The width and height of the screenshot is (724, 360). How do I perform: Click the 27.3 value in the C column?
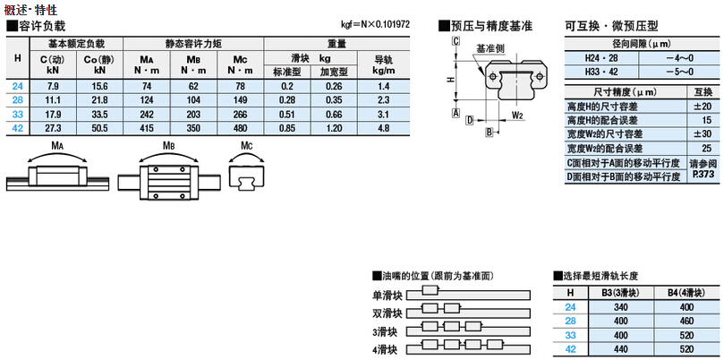[x=53, y=129]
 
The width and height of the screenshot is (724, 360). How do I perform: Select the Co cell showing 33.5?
[x=99, y=115]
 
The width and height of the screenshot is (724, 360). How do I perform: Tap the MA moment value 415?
[x=147, y=129]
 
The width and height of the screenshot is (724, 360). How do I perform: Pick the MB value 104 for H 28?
[x=193, y=100]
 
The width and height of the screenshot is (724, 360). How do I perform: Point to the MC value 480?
[x=241, y=129]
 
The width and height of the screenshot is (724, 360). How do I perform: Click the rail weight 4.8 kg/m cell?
[x=383, y=129]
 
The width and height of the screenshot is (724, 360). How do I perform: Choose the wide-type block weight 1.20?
[x=335, y=129]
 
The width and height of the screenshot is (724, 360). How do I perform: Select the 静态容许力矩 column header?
[x=193, y=45]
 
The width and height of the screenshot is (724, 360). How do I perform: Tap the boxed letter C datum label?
[x=456, y=41]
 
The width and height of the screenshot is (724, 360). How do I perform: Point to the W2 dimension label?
[x=517, y=115]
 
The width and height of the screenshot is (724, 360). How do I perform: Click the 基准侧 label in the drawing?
[x=488, y=48]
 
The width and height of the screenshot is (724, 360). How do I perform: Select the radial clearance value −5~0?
[x=680, y=72]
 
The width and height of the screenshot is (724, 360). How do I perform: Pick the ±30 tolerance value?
[x=703, y=134]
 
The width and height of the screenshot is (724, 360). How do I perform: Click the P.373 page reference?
[x=703, y=175]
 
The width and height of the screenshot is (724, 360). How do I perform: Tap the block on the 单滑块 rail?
[x=430, y=290]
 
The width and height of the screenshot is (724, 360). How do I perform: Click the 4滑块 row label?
[x=387, y=349]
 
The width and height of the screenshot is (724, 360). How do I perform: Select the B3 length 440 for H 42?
[x=621, y=349]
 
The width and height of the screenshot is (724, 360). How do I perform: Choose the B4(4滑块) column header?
[x=686, y=293]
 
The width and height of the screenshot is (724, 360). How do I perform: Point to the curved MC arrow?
[x=247, y=154]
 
